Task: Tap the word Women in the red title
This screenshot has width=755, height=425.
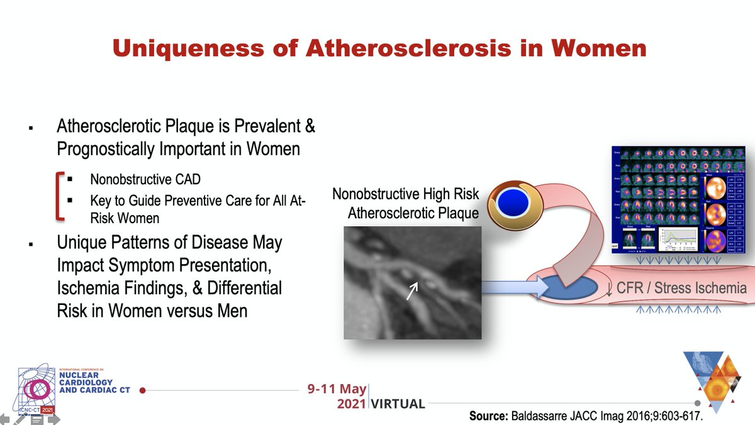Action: point(596,48)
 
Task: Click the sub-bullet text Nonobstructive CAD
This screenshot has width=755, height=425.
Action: point(145,179)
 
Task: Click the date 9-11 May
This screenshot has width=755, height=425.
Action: point(337,389)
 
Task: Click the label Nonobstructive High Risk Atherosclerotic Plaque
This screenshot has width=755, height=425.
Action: point(406,203)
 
